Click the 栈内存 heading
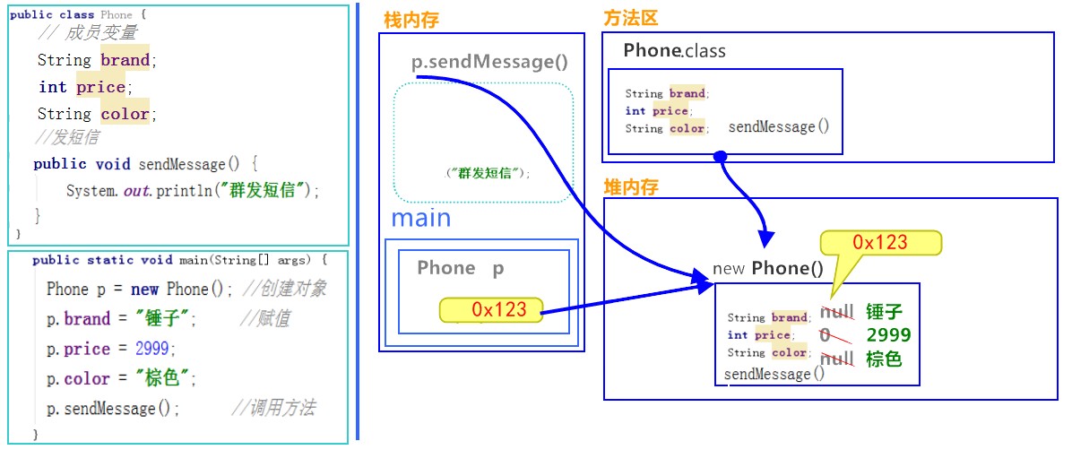click(411, 21)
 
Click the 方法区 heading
click(630, 19)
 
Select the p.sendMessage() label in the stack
click(489, 62)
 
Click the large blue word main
click(421, 218)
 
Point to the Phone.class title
click(674, 50)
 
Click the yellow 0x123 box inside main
click(490, 310)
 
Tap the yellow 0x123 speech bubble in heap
click(880, 243)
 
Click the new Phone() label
click(768, 268)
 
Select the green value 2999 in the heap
click(888, 334)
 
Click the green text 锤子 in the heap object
click(884, 313)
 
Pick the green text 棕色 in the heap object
click(884, 359)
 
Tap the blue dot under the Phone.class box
click(720, 157)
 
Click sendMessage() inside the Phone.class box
click(779, 126)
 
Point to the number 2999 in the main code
click(151, 349)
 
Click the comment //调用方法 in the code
click(273, 408)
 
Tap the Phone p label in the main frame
click(461, 268)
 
